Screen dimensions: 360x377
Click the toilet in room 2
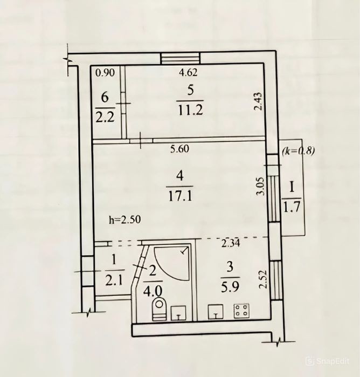(159, 309)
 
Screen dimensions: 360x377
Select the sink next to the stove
(216, 312)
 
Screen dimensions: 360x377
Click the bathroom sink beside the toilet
(178, 313)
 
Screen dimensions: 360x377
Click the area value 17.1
(180, 196)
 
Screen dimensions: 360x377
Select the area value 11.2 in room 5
(190, 110)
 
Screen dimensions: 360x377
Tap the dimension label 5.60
(180, 149)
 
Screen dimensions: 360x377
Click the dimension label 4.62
(188, 72)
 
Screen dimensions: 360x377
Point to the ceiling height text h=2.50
(124, 220)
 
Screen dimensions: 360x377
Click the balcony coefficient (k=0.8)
(298, 151)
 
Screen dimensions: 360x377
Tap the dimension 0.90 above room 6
(105, 72)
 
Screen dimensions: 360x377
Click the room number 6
(105, 98)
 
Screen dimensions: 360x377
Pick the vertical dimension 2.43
(258, 101)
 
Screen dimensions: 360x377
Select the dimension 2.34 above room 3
(231, 244)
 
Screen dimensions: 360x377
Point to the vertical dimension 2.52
(264, 279)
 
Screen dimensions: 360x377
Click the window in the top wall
(180, 58)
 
